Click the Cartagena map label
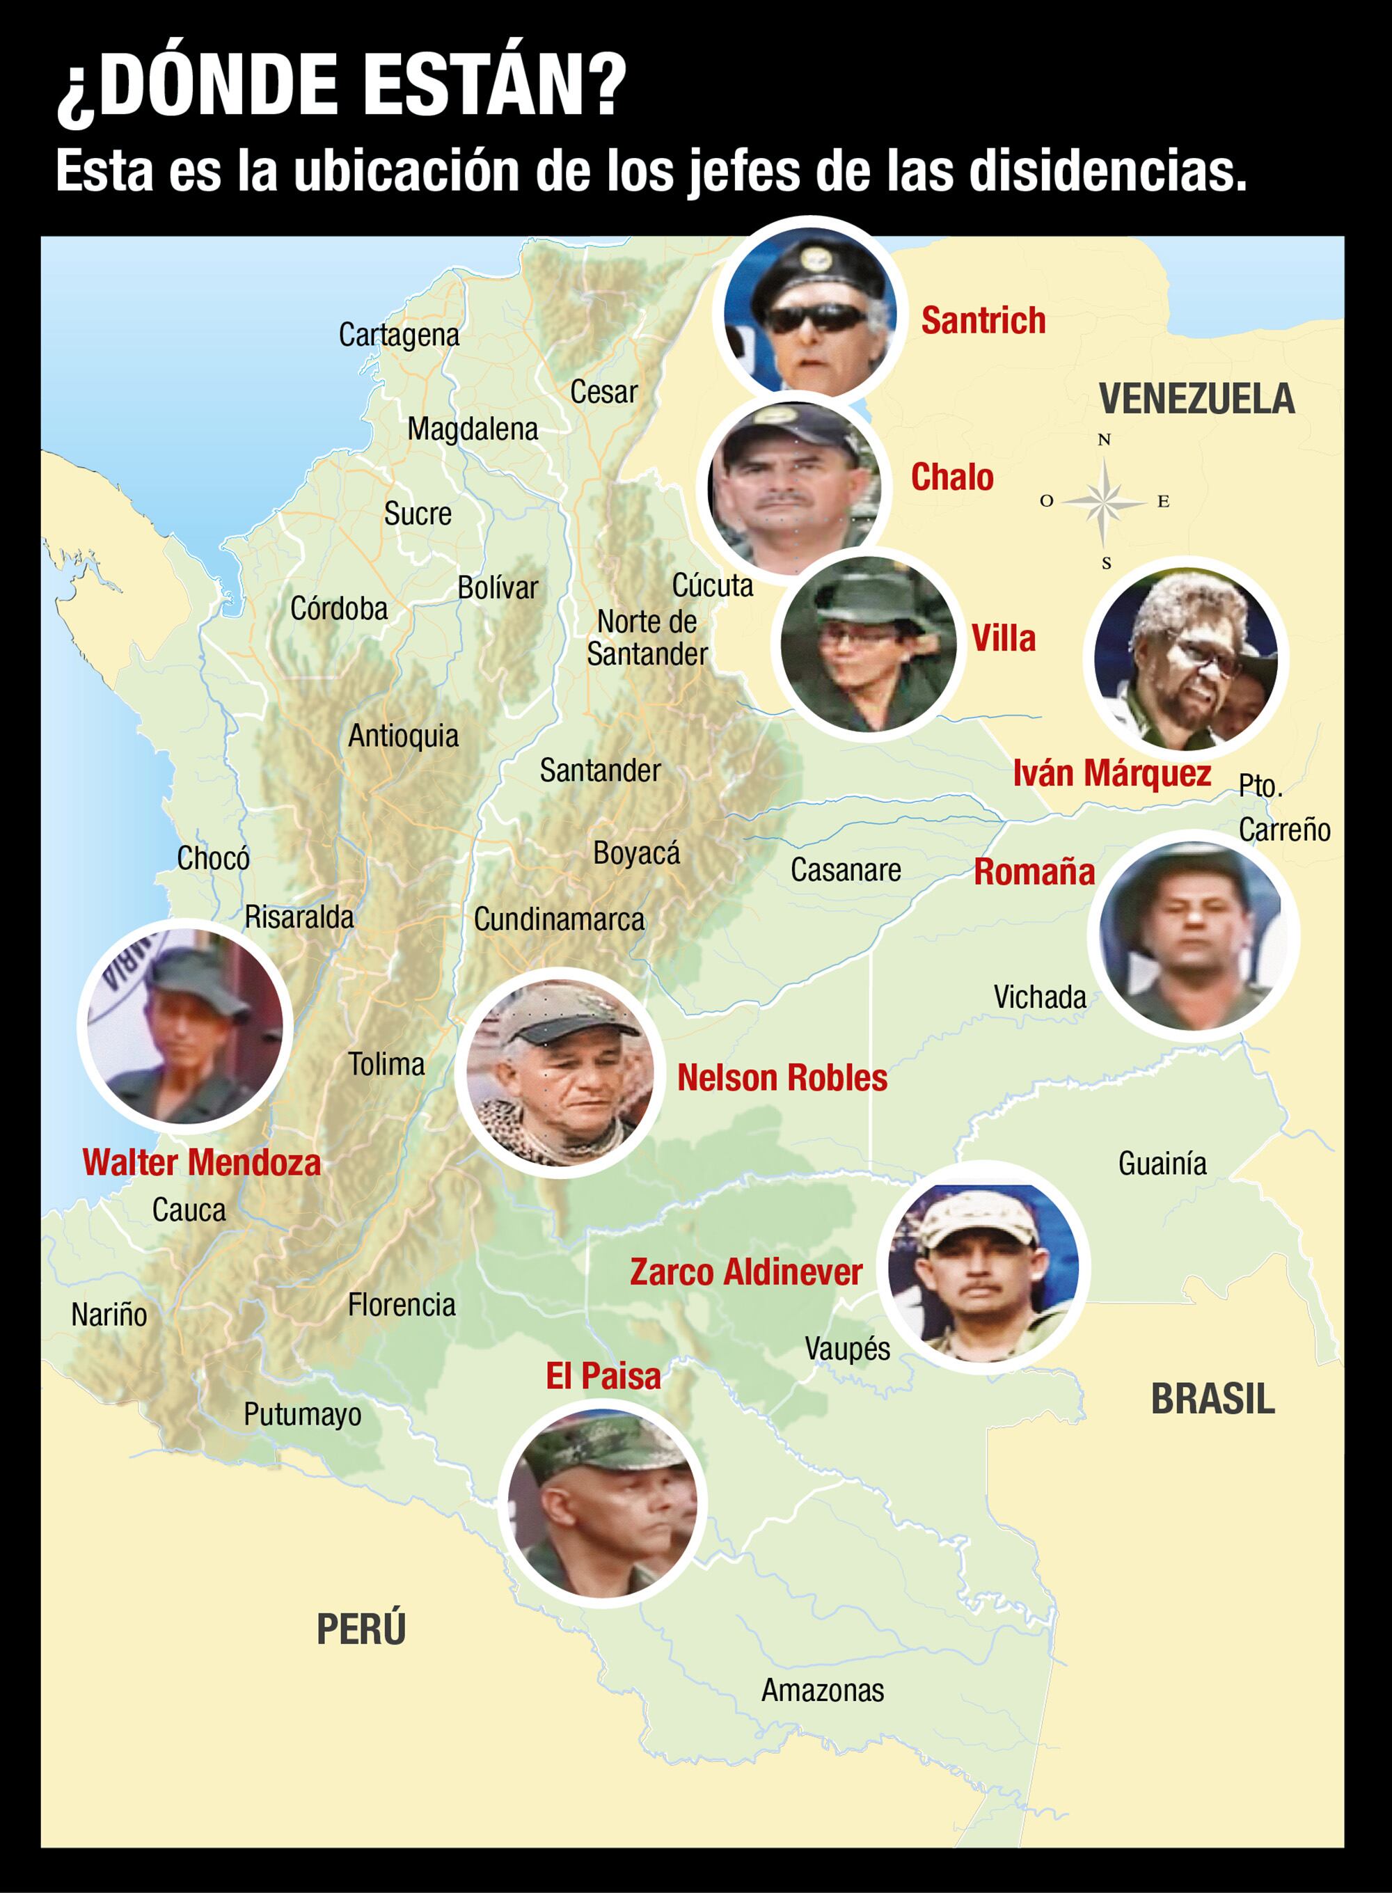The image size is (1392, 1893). [x=399, y=335]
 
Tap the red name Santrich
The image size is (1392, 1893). [x=983, y=321]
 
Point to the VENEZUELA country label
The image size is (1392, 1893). [x=1196, y=399]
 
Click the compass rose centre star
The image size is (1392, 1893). [x=1105, y=501]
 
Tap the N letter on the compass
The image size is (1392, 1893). [x=1104, y=440]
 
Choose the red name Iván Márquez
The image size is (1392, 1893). [x=1112, y=773]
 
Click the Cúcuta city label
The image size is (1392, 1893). [x=712, y=585]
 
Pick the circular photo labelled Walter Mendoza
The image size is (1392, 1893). [x=185, y=1025]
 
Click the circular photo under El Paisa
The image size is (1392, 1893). [x=603, y=1503]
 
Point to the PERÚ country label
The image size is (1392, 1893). [x=361, y=1629]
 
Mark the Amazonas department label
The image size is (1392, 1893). [x=823, y=1690]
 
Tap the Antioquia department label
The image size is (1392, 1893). [x=403, y=736]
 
